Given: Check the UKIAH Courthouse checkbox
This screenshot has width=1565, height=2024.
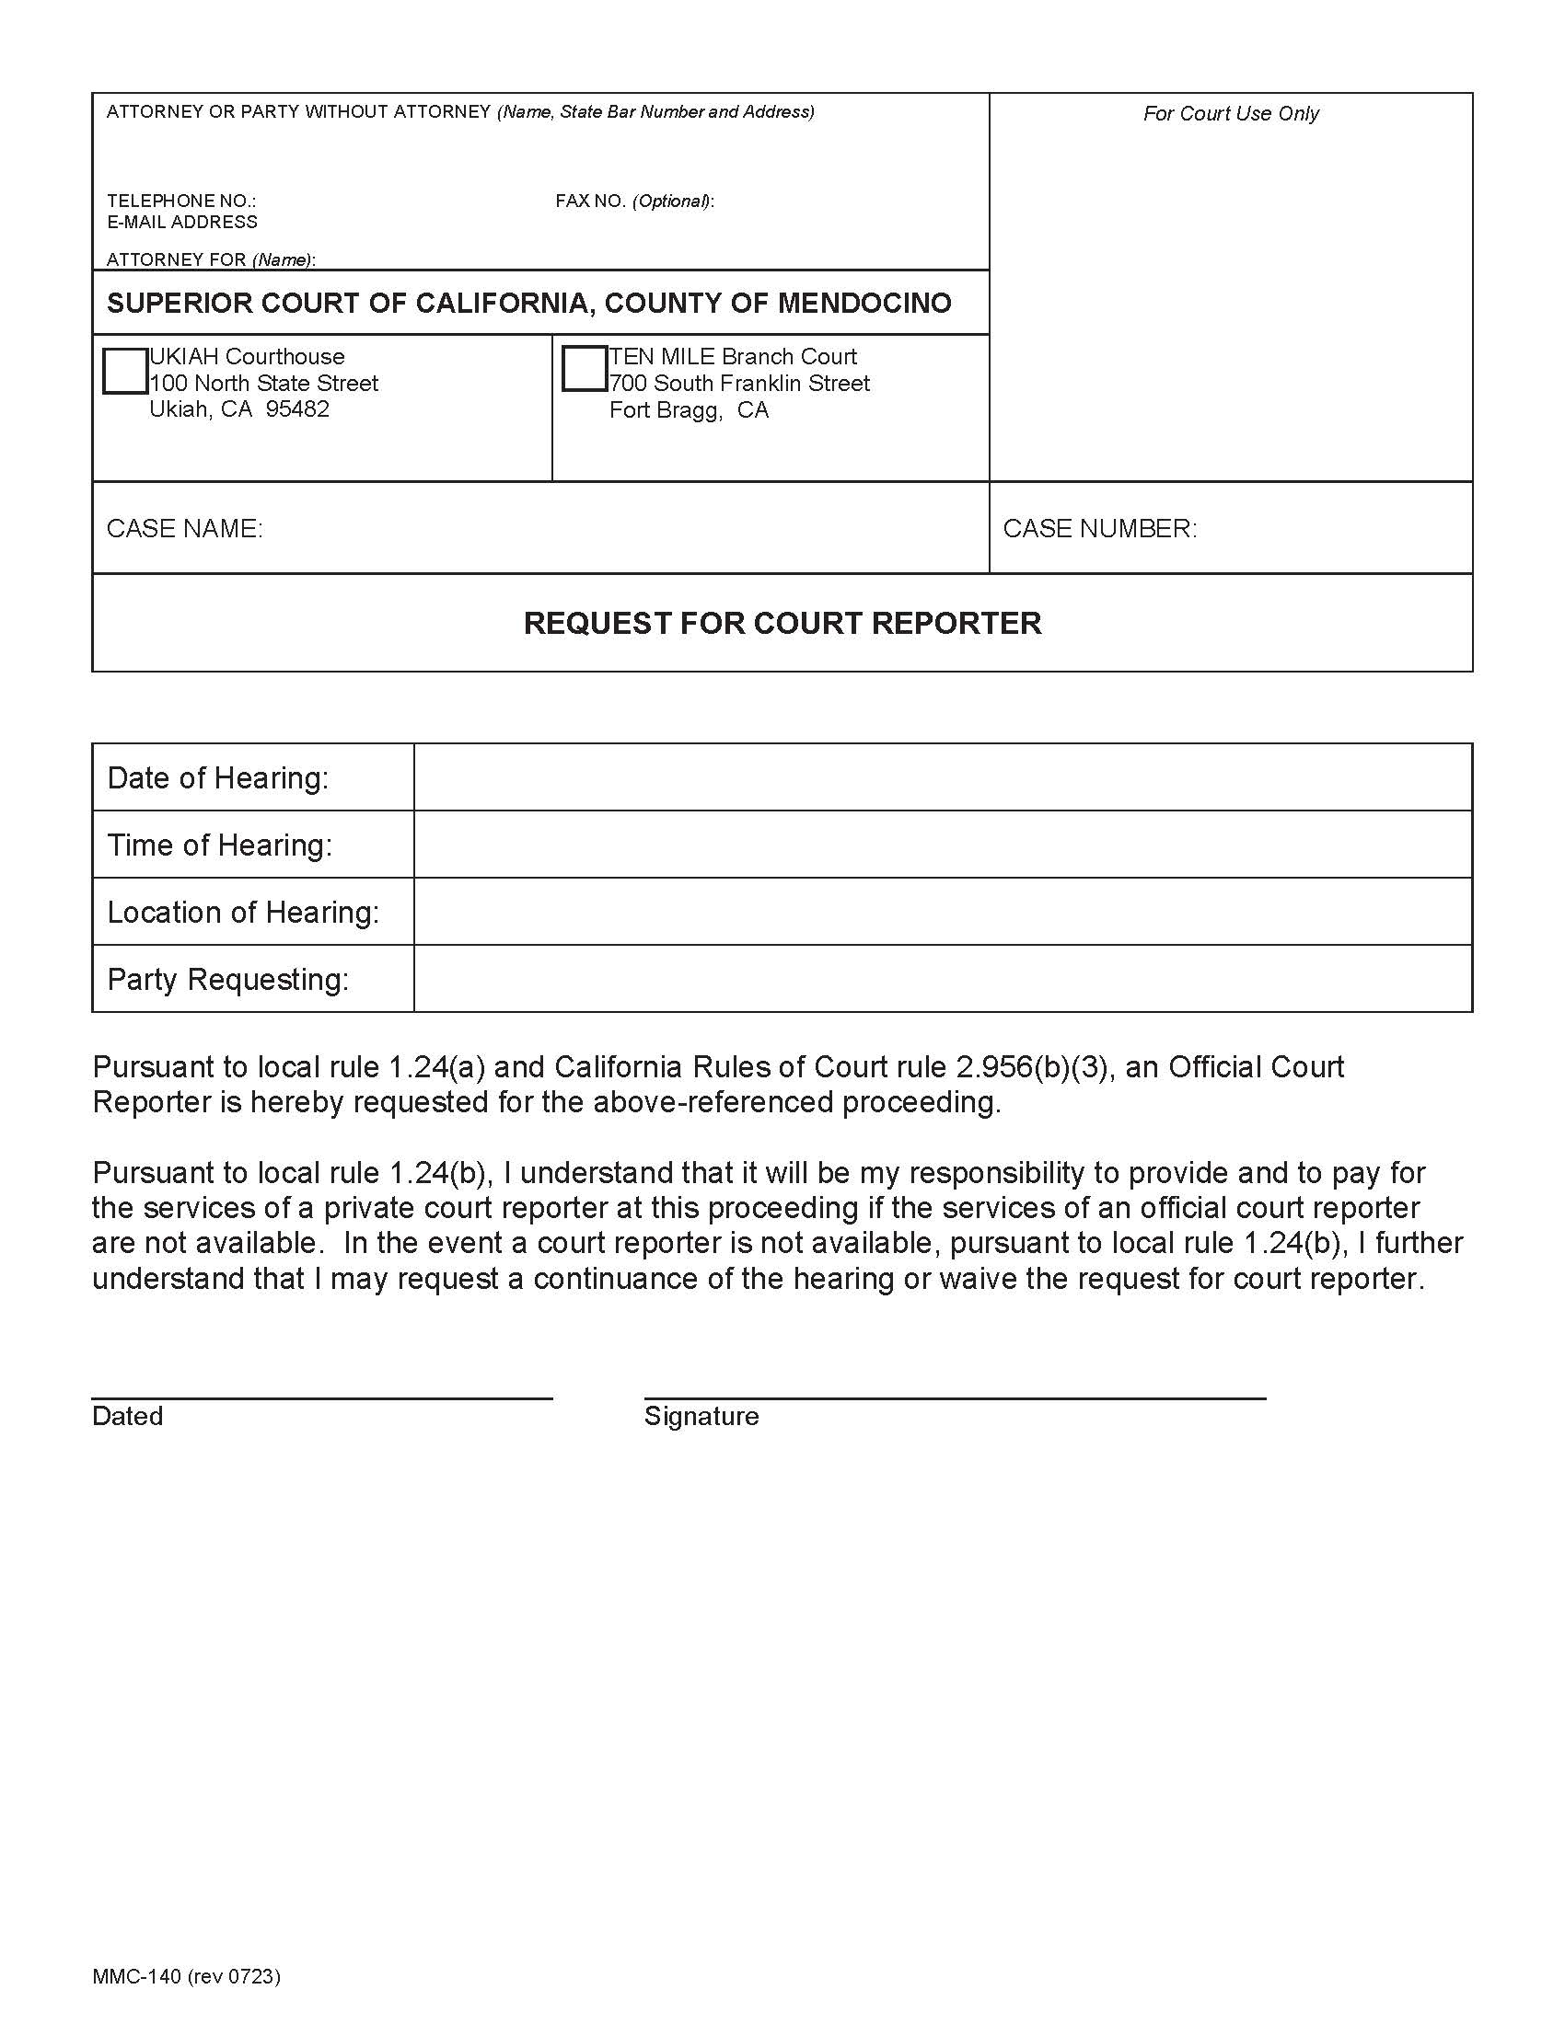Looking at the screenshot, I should [124, 371].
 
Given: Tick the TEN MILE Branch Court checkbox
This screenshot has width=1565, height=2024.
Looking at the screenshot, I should [584, 369].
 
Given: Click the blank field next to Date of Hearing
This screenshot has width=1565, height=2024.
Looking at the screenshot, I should [942, 777].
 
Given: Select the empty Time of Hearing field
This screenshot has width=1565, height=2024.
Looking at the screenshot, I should [942, 845].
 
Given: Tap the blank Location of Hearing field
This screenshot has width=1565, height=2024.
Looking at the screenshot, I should [942, 912].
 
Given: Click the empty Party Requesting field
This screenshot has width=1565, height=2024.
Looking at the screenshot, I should [942, 979].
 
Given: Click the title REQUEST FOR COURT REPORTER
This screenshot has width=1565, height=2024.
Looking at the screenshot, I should [782, 623].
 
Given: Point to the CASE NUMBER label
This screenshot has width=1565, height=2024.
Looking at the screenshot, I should [1099, 528].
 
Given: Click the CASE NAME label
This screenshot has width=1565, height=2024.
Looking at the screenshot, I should [184, 528].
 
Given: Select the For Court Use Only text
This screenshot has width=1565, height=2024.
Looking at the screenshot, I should [1230, 113].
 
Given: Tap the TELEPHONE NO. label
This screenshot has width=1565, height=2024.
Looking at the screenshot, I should [181, 201].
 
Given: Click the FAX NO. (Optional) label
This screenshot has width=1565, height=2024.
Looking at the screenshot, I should [634, 201].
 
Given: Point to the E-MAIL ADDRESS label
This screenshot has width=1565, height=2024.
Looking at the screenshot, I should [181, 223].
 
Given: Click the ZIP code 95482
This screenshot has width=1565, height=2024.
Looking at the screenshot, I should [296, 409].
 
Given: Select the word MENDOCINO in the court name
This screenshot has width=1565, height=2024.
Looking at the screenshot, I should [864, 303].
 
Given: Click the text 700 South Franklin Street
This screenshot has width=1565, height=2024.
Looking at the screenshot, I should [739, 384].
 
